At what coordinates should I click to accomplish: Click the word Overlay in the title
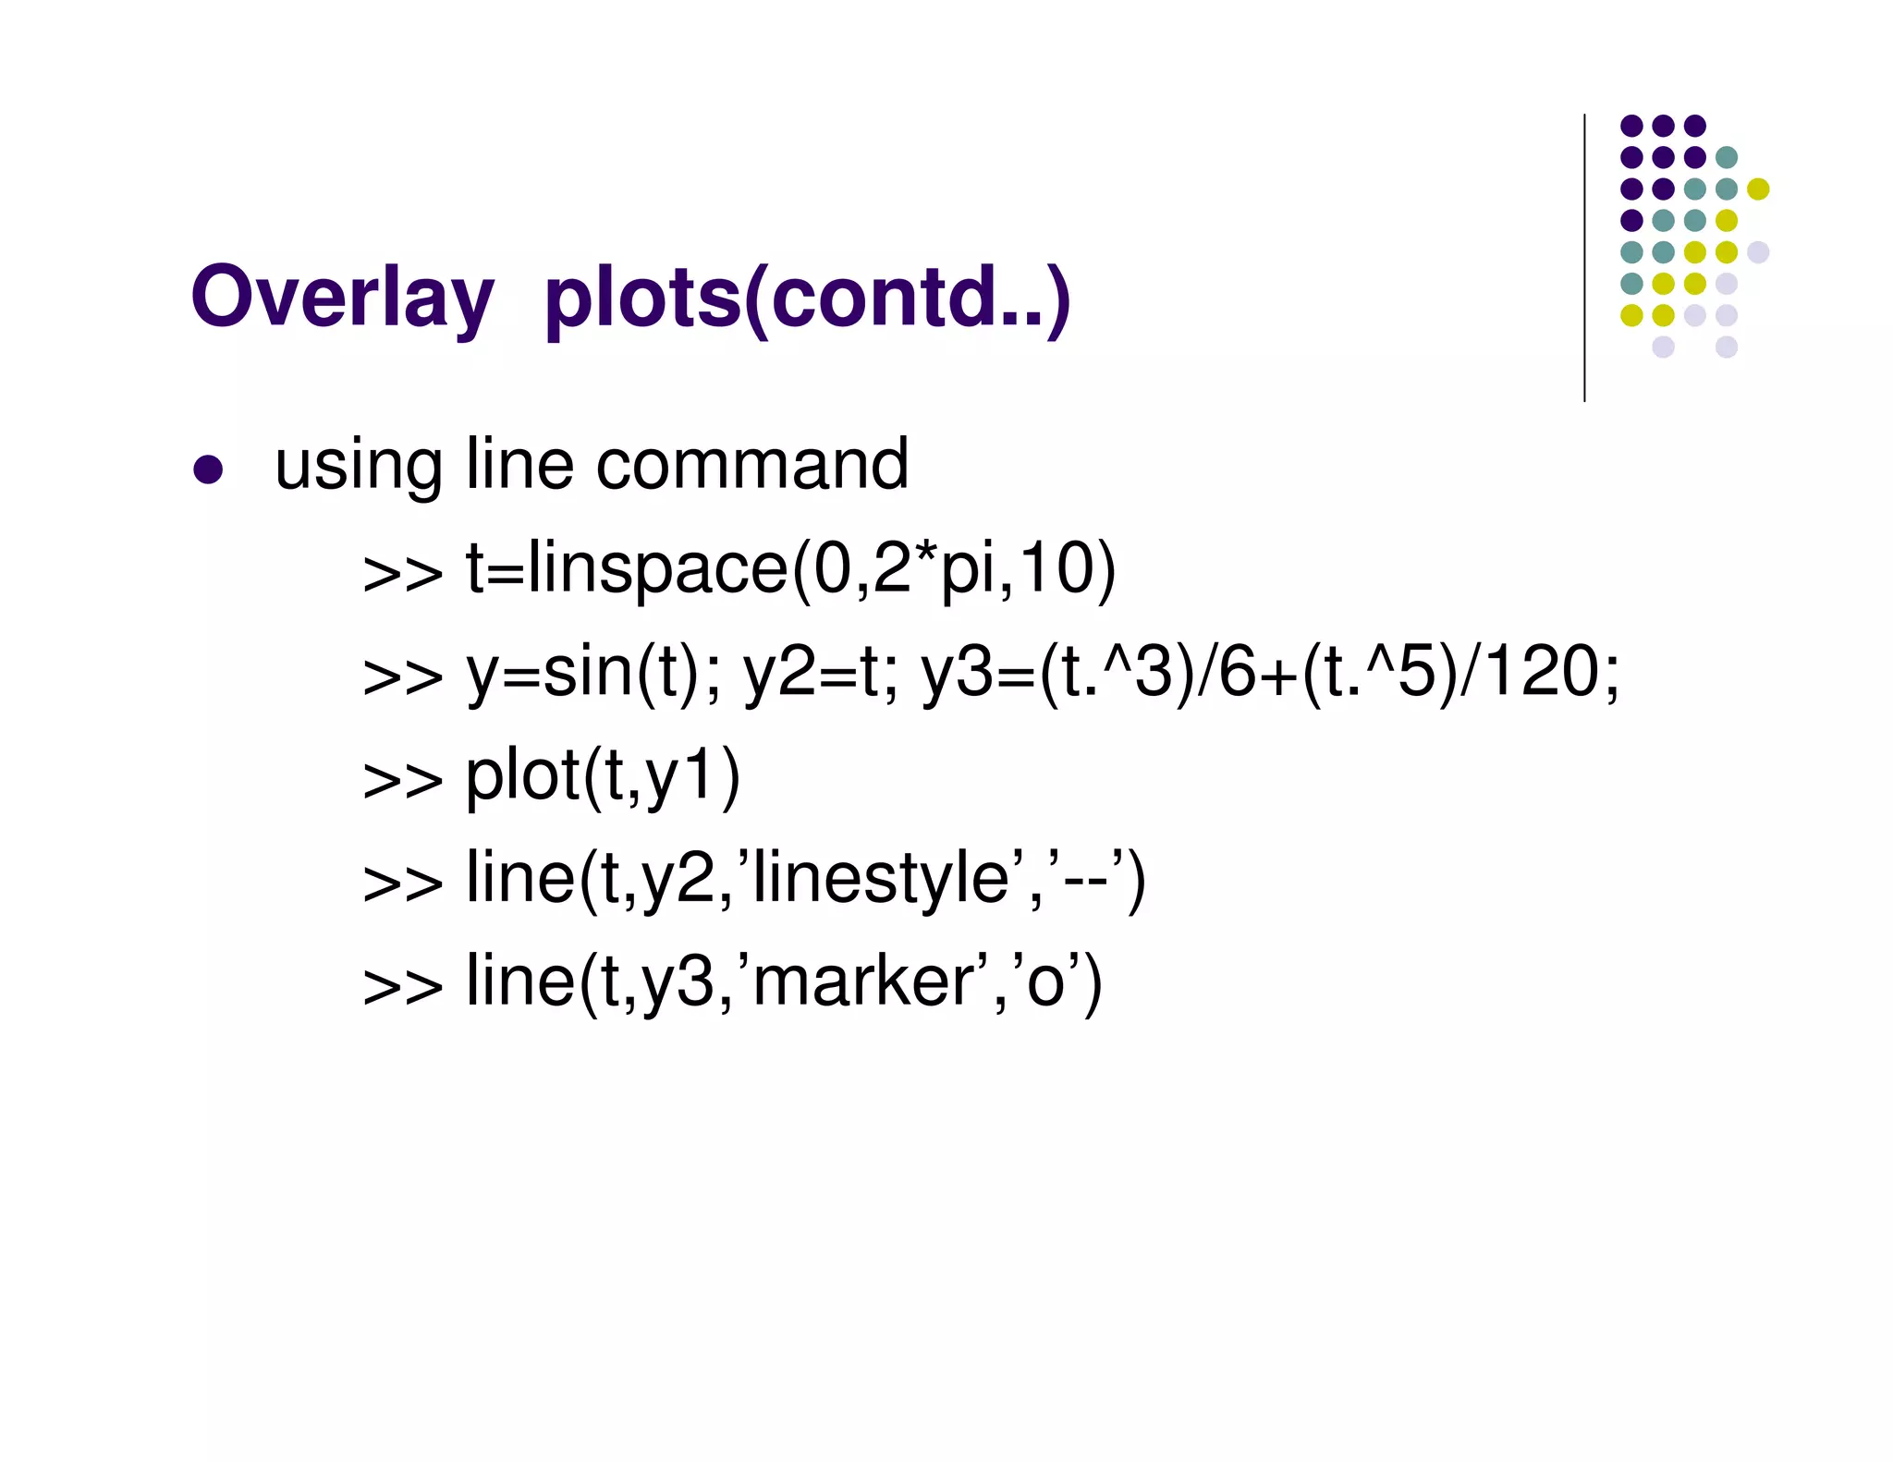(x=342, y=298)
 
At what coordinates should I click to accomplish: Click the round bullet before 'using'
(x=208, y=469)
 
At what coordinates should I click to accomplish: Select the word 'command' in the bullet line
(x=752, y=464)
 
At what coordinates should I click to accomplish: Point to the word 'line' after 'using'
(x=519, y=464)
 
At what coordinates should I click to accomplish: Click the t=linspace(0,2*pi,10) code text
(x=790, y=568)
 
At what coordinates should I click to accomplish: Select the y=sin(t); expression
(x=592, y=673)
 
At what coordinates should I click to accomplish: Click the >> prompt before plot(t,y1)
(x=403, y=780)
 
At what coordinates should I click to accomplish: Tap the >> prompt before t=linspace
(x=403, y=573)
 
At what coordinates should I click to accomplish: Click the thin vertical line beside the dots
(x=1584, y=258)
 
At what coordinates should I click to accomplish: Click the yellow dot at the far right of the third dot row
(x=1758, y=189)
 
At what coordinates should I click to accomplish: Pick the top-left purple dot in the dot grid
(x=1631, y=126)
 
